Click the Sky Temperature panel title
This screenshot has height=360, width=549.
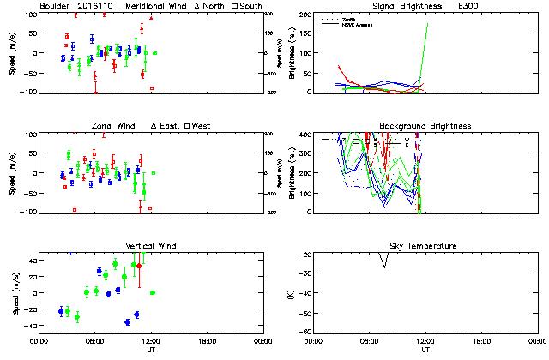[425, 246]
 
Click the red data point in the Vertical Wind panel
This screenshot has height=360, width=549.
[139, 266]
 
